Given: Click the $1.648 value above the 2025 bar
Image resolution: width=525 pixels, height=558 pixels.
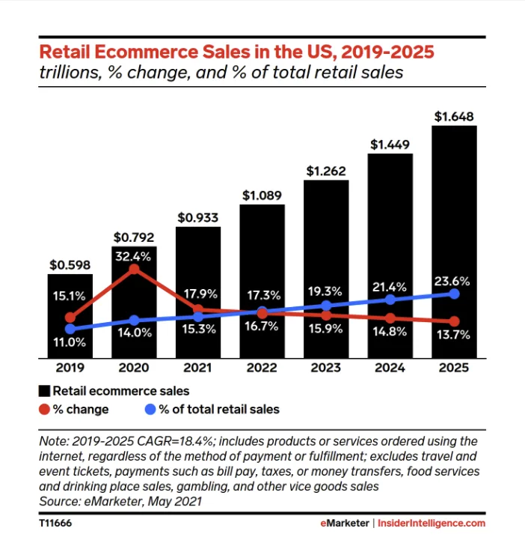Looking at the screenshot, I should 454,116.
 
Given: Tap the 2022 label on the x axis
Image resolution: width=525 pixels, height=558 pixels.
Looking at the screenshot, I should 262,368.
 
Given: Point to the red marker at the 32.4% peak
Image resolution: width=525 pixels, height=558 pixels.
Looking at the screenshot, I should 134,268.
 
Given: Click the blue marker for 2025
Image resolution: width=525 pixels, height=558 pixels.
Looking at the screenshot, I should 454,293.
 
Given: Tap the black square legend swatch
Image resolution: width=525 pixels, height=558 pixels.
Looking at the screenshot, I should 44,391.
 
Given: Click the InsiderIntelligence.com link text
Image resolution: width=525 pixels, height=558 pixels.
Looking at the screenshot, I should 432,523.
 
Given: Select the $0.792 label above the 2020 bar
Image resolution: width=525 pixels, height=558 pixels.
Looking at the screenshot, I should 134,237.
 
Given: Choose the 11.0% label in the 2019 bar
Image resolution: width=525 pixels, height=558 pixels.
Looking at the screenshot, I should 70,342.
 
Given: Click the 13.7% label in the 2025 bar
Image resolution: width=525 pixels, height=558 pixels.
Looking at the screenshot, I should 454,335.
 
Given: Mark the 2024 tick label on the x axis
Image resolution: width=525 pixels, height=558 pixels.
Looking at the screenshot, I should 390,368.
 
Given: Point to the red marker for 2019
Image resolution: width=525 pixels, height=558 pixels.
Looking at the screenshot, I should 70,318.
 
